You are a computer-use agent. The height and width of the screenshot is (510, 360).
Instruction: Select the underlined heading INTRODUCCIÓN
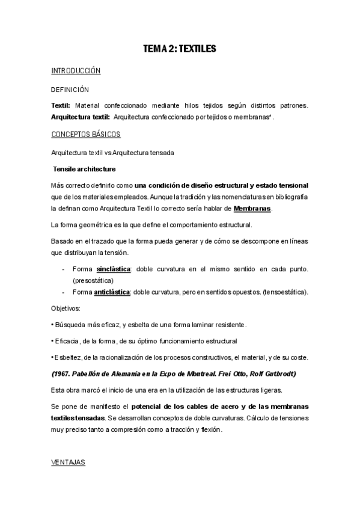tap(76, 71)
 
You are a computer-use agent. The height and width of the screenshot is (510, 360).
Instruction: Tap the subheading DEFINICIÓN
tap(71, 90)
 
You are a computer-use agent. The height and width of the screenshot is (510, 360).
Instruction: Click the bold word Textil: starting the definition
tap(61, 106)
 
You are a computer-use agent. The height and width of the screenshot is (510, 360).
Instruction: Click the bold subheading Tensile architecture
tap(85, 168)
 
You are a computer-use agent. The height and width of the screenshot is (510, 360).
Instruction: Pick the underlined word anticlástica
tap(112, 292)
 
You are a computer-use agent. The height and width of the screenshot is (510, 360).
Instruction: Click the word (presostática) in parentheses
tap(93, 280)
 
